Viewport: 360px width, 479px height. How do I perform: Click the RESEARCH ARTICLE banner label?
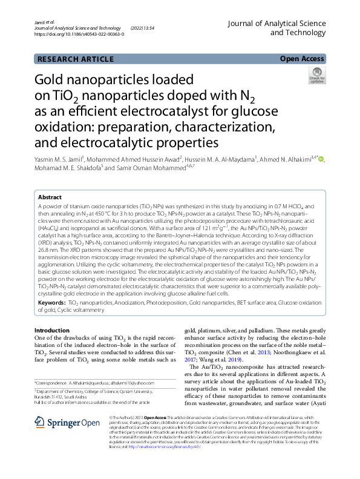75,59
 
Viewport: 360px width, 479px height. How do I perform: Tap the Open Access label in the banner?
302,59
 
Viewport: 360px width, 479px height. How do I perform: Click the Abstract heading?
50,197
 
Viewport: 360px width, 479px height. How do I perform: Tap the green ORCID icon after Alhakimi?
321,159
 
